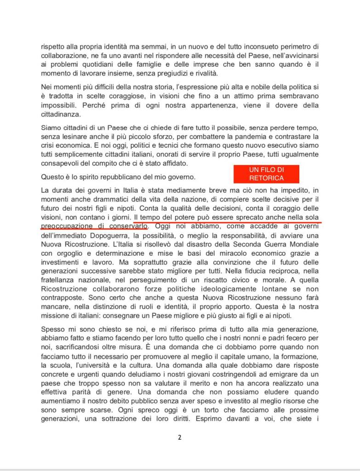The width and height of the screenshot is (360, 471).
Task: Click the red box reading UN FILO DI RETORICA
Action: point(266,174)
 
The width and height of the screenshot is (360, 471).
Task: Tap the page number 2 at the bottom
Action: point(180,437)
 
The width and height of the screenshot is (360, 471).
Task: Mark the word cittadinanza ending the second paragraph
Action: point(61,115)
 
